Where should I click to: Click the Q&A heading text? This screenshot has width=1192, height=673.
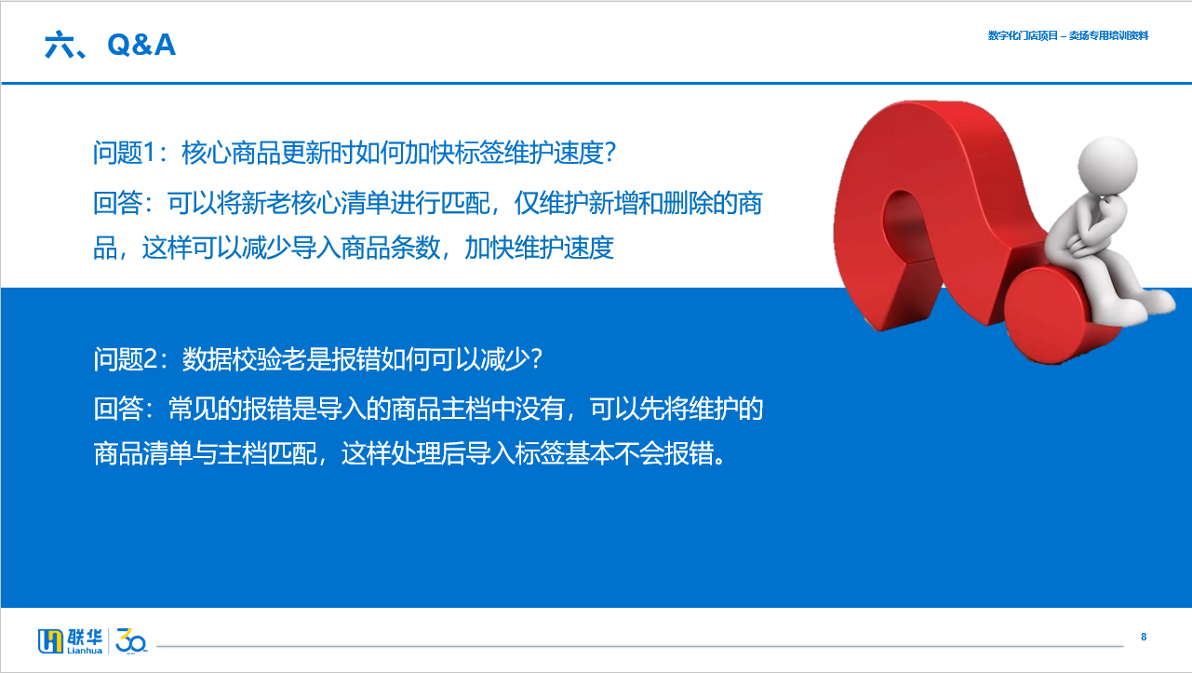click(141, 44)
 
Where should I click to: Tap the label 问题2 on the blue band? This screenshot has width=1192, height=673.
click(125, 359)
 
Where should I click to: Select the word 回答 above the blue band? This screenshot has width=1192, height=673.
click(117, 203)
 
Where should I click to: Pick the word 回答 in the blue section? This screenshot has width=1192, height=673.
click(118, 409)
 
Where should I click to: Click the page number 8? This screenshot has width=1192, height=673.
click(1144, 637)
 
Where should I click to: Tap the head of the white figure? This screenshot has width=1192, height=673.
click(1107, 166)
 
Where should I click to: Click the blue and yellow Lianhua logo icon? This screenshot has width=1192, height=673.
click(50, 640)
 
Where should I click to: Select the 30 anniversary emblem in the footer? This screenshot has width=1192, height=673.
click(131, 640)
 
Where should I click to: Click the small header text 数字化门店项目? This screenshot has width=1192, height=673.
click(1023, 35)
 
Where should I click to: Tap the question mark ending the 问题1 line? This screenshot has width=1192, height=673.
click(610, 153)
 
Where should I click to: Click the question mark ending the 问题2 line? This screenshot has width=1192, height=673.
click(536, 359)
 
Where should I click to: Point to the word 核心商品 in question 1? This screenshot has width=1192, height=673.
click(231, 153)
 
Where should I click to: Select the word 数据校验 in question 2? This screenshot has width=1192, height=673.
click(232, 359)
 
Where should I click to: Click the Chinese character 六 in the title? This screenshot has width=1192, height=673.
click(58, 44)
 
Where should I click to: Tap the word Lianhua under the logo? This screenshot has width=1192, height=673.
click(85, 651)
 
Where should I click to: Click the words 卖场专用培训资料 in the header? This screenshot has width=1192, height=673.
click(1108, 35)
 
